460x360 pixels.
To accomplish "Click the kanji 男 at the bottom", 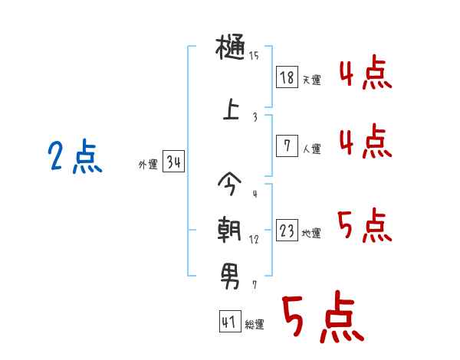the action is (x=230, y=273).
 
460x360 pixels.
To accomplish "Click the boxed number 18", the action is (x=287, y=77).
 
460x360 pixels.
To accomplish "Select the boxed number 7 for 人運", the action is (x=287, y=146).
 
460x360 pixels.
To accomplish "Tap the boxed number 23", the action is (x=287, y=231).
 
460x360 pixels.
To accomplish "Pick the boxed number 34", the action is (x=173, y=162).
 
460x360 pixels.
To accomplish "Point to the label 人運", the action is (x=311, y=149).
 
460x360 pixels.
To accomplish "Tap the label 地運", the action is (x=311, y=234).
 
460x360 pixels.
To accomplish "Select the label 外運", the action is (x=148, y=165).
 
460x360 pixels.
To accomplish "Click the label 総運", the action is (x=254, y=325).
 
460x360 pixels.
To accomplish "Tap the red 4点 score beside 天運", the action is (x=366, y=75).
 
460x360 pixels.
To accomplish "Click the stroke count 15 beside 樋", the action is (x=254, y=56).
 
